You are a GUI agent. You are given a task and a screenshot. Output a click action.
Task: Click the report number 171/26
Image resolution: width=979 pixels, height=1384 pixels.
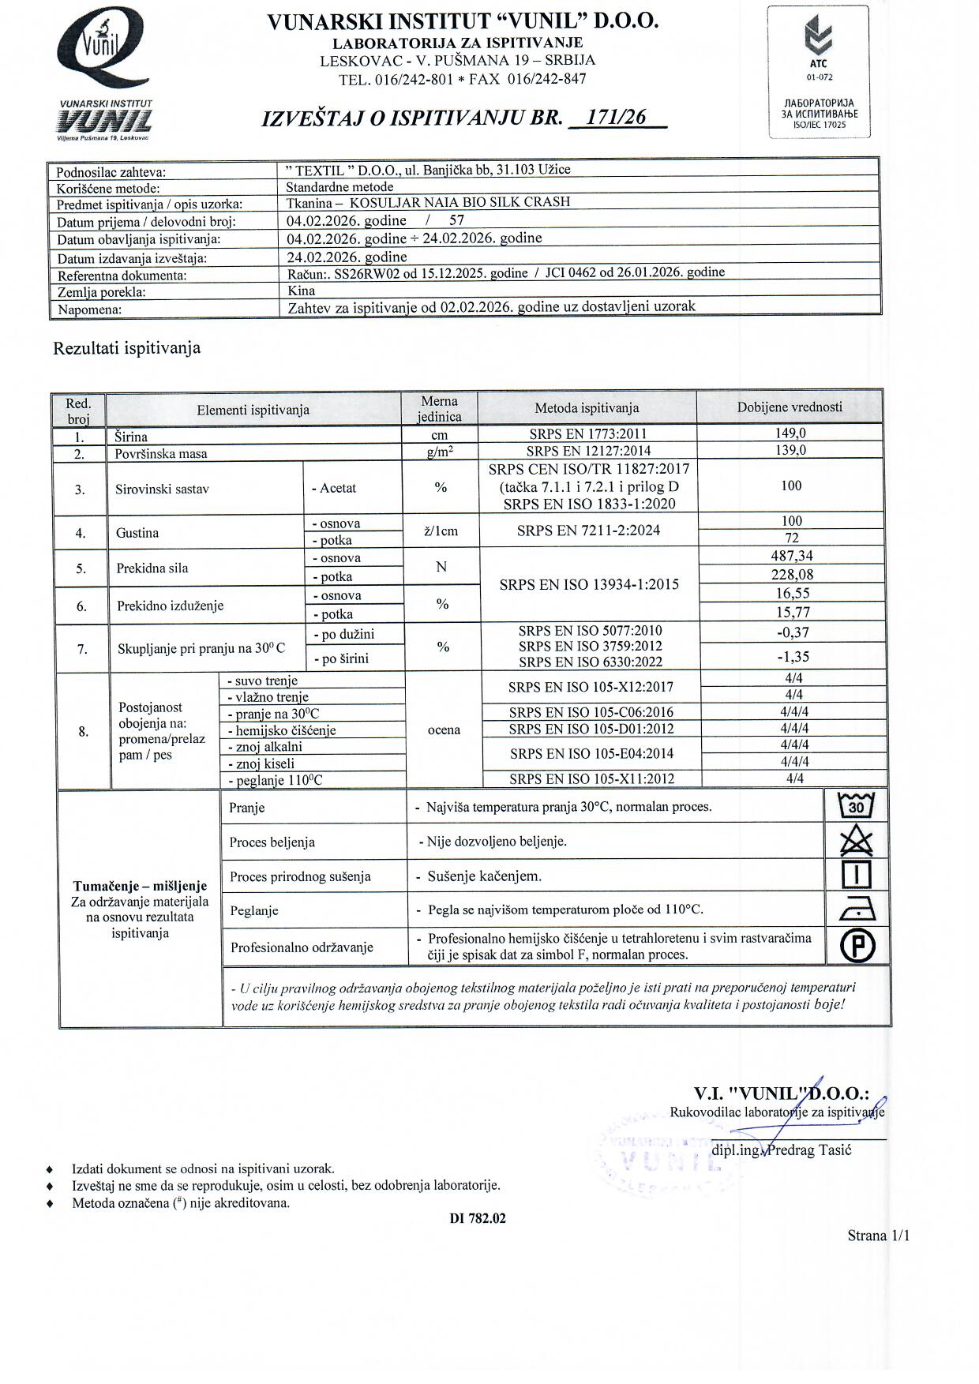[621, 118]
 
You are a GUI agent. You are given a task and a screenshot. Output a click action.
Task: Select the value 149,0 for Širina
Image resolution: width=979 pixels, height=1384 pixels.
[790, 433]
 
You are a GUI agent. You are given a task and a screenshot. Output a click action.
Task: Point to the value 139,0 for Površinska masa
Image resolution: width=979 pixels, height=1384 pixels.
[790, 451]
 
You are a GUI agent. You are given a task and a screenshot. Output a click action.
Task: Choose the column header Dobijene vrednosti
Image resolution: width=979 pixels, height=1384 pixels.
[790, 407]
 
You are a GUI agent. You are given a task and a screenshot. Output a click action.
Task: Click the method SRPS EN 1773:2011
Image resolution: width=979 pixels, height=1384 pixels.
[588, 433]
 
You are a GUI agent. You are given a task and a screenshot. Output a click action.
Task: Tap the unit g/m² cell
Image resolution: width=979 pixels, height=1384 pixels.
[440, 452]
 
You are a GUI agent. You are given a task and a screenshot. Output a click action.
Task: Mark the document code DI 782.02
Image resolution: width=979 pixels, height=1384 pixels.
[478, 1218]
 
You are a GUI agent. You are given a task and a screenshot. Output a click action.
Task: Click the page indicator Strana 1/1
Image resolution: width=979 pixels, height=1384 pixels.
[878, 1236]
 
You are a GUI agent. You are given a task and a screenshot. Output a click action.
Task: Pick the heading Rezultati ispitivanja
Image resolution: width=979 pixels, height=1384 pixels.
[126, 348]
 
